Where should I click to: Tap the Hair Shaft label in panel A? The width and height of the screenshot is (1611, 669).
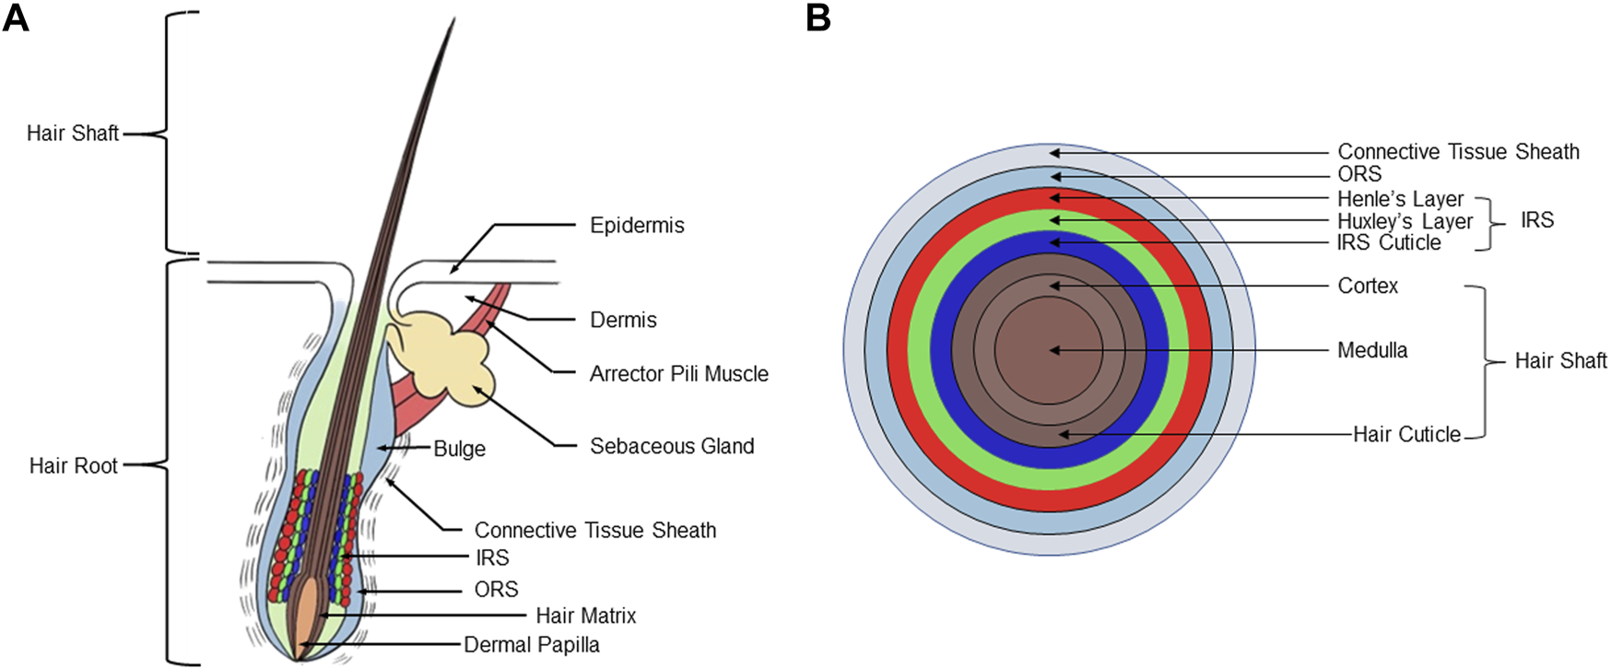pyautogui.click(x=72, y=134)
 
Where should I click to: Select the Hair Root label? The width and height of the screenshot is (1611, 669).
pyautogui.click(x=73, y=465)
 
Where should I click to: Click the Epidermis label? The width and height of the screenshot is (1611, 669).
pyautogui.click(x=637, y=226)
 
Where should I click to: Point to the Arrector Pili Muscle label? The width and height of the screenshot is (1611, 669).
pyautogui.click(x=678, y=374)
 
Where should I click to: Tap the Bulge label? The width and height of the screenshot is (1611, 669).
pyautogui.click(x=459, y=449)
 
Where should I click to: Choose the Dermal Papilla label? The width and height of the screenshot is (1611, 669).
pyautogui.click(x=531, y=645)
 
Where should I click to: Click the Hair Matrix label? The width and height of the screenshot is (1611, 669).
pyautogui.click(x=585, y=616)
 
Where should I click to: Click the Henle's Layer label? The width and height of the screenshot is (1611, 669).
pyautogui.click(x=1400, y=199)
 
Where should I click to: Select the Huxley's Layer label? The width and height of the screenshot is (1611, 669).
pyautogui.click(x=1405, y=221)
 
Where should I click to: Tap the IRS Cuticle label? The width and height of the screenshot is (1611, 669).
pyautogui.click(x=1389, y=242)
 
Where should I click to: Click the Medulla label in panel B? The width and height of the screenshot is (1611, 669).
pyautogui.click(x=1372, y=350)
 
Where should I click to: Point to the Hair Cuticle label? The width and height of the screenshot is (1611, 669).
pyautogui.click(x=1406, y=434)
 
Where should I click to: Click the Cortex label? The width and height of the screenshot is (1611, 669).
pyautogui.click(x=1368, y=286)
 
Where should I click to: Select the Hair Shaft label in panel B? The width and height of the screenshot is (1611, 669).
pyautogui.click(x=1560, y=360)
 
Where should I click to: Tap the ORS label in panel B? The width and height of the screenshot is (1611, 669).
pyautogui.click(x=1359, y=174)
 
